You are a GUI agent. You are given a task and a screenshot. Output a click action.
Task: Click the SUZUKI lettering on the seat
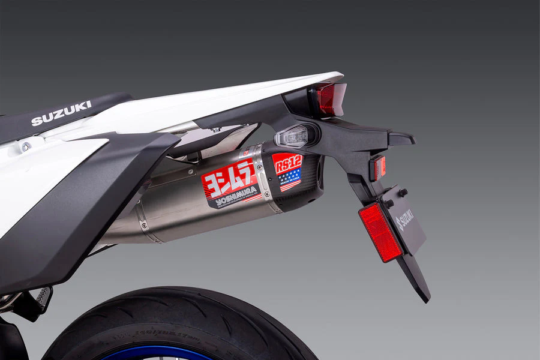coord(61,113)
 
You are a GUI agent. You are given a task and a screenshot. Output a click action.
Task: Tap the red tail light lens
coord(329,98)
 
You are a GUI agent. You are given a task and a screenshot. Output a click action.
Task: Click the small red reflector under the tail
coord(377,167)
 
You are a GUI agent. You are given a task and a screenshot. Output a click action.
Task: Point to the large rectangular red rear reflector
coord(380,232)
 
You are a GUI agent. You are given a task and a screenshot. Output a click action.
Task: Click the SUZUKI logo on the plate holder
coord(405,220)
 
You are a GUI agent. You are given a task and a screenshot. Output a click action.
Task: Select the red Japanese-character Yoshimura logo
coord(229,176)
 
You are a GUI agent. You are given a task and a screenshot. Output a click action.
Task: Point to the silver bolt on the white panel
coord(26,146)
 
